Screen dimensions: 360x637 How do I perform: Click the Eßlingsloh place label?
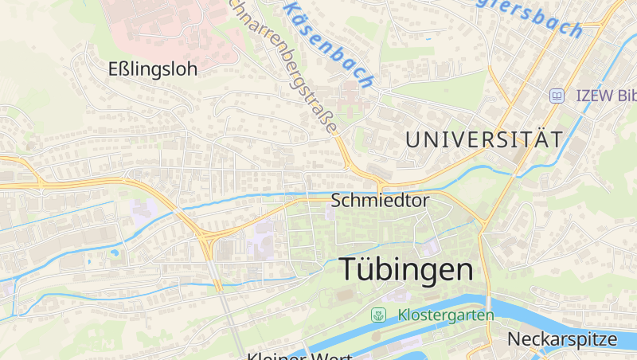(152, 69)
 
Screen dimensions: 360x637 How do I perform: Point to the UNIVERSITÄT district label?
(483, 139)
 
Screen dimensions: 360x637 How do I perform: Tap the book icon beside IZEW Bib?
(557, 96)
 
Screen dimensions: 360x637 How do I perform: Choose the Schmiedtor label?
(379, 201)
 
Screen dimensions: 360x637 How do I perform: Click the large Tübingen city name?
(406, 269)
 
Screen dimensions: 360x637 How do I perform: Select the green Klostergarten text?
(446, 315)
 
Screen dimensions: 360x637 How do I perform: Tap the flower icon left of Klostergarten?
(377, 315)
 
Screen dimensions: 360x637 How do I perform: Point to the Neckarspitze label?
(562, 338)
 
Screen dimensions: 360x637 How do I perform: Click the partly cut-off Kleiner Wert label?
(299, 355)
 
